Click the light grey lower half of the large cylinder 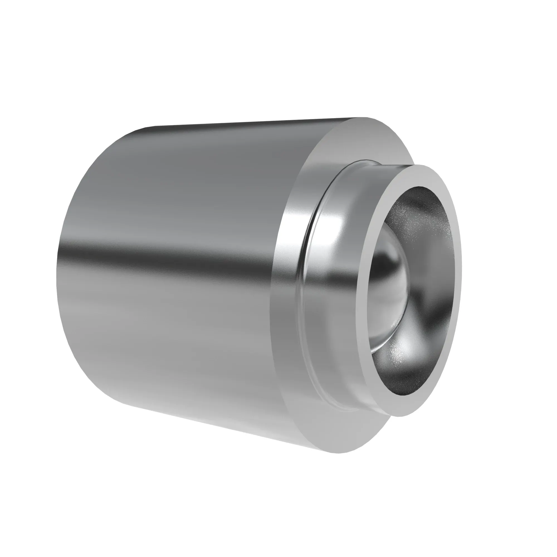coord(173,346)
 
